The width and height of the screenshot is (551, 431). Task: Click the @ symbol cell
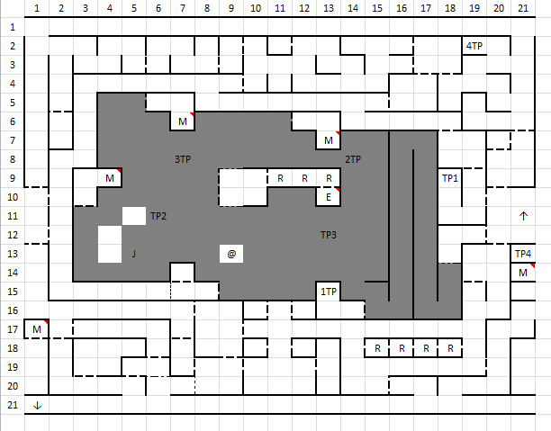(x=231, y=254)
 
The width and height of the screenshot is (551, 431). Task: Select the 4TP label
(x=474, y=46)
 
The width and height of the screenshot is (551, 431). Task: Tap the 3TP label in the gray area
(x=183, y=159)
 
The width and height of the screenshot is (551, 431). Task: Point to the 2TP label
(x=353, y=159)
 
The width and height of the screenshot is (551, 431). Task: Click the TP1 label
(x=450, y=178)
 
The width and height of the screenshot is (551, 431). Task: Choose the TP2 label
(x=158, y=216)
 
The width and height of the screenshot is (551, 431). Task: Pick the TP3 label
(x=329, y=235)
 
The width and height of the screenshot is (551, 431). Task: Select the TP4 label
(x=523, y=254)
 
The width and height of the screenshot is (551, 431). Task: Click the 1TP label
(x=329, y=292)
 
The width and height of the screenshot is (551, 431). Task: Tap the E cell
(x=329, y=197)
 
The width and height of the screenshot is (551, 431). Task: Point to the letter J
(x=134, y=254)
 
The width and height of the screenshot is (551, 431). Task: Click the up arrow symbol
(x=523, y=216)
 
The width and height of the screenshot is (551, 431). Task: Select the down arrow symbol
(x=37, y=406)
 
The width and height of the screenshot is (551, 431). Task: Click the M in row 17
(x=37, y=329)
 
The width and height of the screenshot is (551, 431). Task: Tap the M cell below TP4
(x=523, y=273)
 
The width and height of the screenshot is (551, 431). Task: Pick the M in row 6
(x=183, y=121)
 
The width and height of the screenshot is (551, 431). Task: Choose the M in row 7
(x=329, y=140)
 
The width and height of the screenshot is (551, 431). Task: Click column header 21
(x=523, y=8)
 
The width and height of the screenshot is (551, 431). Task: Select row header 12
(x=13, y=235)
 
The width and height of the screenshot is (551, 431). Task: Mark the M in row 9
(x=110, y=178)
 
